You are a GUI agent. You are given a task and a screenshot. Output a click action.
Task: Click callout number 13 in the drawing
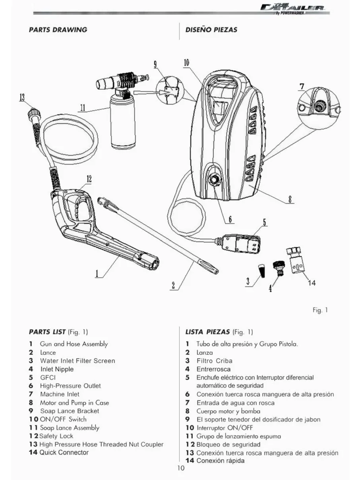pos(22,97)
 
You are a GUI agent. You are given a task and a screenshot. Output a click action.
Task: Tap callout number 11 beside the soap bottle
pos(82,108)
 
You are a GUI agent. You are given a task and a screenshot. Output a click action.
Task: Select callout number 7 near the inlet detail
pos(302,86)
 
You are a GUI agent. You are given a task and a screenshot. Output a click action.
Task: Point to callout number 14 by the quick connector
pos(312,283)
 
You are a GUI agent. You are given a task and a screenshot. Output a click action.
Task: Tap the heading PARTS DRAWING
pos(58,30)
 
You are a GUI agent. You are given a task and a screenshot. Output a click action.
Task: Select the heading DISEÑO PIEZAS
pos(211,30)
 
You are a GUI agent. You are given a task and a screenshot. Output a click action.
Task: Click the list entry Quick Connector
pos(64,453)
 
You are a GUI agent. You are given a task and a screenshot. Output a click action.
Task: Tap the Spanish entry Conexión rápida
pos(221,461)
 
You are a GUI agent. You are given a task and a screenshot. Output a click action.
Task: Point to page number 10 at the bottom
pos(181,468)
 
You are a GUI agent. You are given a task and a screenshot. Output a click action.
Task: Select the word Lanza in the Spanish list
pos(205,352)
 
